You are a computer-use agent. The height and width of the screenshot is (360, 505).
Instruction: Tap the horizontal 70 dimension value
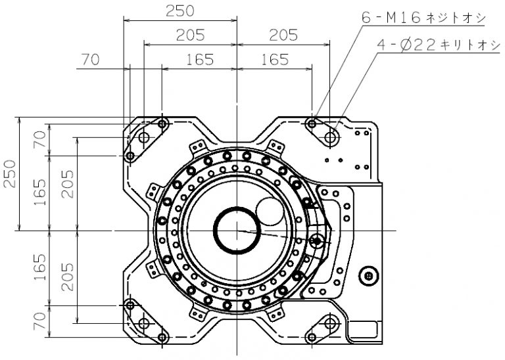91,60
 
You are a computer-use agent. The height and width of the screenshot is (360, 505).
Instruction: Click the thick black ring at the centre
236,230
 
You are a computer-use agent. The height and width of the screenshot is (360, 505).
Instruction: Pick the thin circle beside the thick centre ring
270,212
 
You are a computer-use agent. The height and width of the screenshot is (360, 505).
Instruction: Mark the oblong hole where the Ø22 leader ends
329,138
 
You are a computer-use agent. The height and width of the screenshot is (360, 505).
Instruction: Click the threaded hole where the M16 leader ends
312,124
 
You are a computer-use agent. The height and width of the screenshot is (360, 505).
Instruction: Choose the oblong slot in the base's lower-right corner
329,323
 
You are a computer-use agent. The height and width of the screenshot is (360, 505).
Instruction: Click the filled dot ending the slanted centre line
317,241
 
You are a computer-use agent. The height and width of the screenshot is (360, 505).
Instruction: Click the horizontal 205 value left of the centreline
190,35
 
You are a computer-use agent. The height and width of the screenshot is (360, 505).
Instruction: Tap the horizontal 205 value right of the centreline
283,35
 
